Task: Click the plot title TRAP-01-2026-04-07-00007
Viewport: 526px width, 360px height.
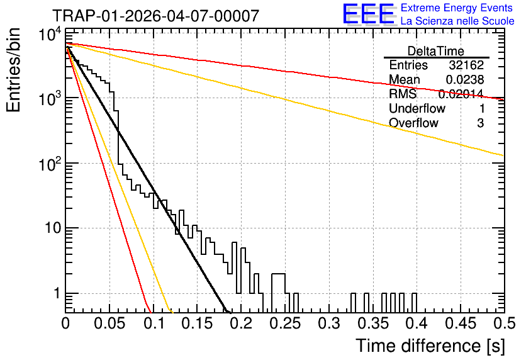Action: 156,16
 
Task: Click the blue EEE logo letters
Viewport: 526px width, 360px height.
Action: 369,14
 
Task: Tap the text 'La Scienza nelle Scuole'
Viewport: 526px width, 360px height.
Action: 457,21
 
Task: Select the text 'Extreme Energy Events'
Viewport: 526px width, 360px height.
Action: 457,8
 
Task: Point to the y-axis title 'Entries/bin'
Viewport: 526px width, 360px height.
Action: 13,70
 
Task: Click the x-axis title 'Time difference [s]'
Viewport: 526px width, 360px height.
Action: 430,346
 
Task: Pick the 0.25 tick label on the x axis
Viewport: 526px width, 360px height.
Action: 285,323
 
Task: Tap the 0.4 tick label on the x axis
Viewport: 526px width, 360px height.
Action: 417,323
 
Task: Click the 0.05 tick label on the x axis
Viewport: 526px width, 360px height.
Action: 109,323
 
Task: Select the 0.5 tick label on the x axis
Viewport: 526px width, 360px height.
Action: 505,323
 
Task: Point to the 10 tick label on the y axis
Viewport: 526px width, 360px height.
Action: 53,228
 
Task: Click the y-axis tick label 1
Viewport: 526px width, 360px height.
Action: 57,293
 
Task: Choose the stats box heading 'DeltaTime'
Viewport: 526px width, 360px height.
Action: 436,51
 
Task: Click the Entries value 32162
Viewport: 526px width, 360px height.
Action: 466,65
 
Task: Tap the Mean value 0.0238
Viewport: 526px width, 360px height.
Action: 464,79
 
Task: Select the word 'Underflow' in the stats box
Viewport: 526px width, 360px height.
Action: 417,108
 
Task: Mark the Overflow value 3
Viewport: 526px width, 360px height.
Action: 480,123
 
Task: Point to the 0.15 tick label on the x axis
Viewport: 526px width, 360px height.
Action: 198,323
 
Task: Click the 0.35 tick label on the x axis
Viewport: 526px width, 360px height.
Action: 373,323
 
